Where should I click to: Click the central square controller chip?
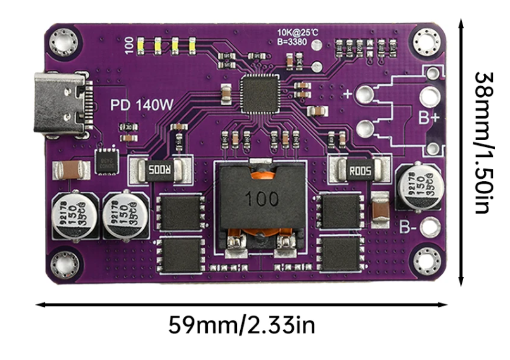[x=261, y=92]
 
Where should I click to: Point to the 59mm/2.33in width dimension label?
[x=241, y=326]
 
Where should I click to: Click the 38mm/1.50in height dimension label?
[x=484, y=142]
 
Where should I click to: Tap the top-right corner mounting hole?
[x=425, y=42]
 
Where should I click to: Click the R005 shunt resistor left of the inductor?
[x=160, y=170]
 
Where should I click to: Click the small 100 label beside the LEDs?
[x=129, y=44]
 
